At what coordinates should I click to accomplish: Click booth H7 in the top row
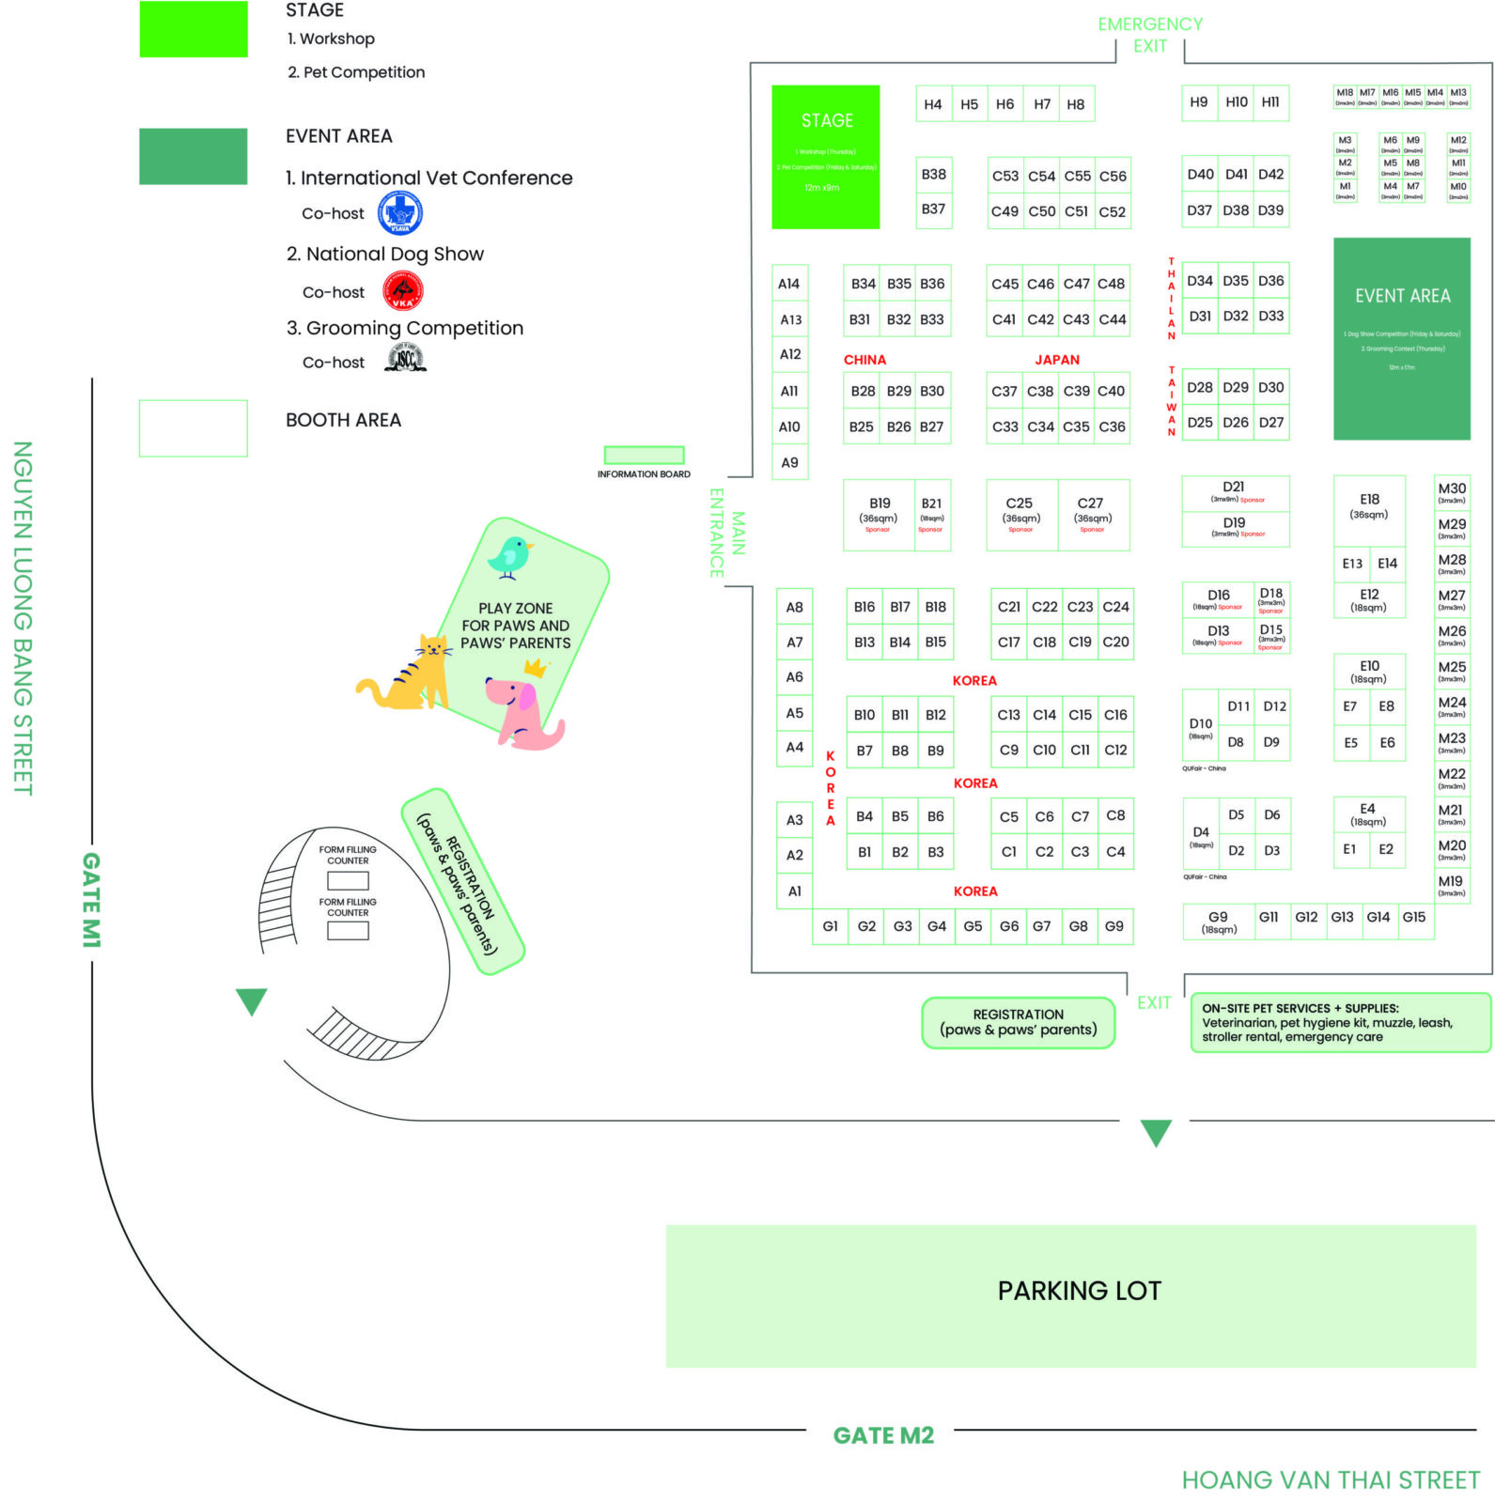point(1041,104)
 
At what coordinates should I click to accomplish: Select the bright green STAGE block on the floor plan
point(825,157)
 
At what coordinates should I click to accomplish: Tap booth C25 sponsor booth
point(1020,515)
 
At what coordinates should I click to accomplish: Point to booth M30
point(1451,492)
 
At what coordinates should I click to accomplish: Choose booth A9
point(789,462)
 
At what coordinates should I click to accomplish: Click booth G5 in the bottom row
point(973,926)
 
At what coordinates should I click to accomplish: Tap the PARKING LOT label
point(1079,1291)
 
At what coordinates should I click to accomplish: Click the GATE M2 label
point(883,1435)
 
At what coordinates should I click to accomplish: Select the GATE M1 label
point(91,899)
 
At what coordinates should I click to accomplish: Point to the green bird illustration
point(510,557)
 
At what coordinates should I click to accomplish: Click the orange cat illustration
point(410,674)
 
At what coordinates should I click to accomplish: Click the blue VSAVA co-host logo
point(400,213)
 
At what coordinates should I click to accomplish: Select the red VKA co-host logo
point(402,291)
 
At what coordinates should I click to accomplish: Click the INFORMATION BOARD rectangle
point(644,455)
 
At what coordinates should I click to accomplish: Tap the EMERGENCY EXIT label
point(1149,35)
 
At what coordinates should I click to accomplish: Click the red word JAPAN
point(1057,360)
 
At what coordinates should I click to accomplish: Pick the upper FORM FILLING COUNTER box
point(348,880)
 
